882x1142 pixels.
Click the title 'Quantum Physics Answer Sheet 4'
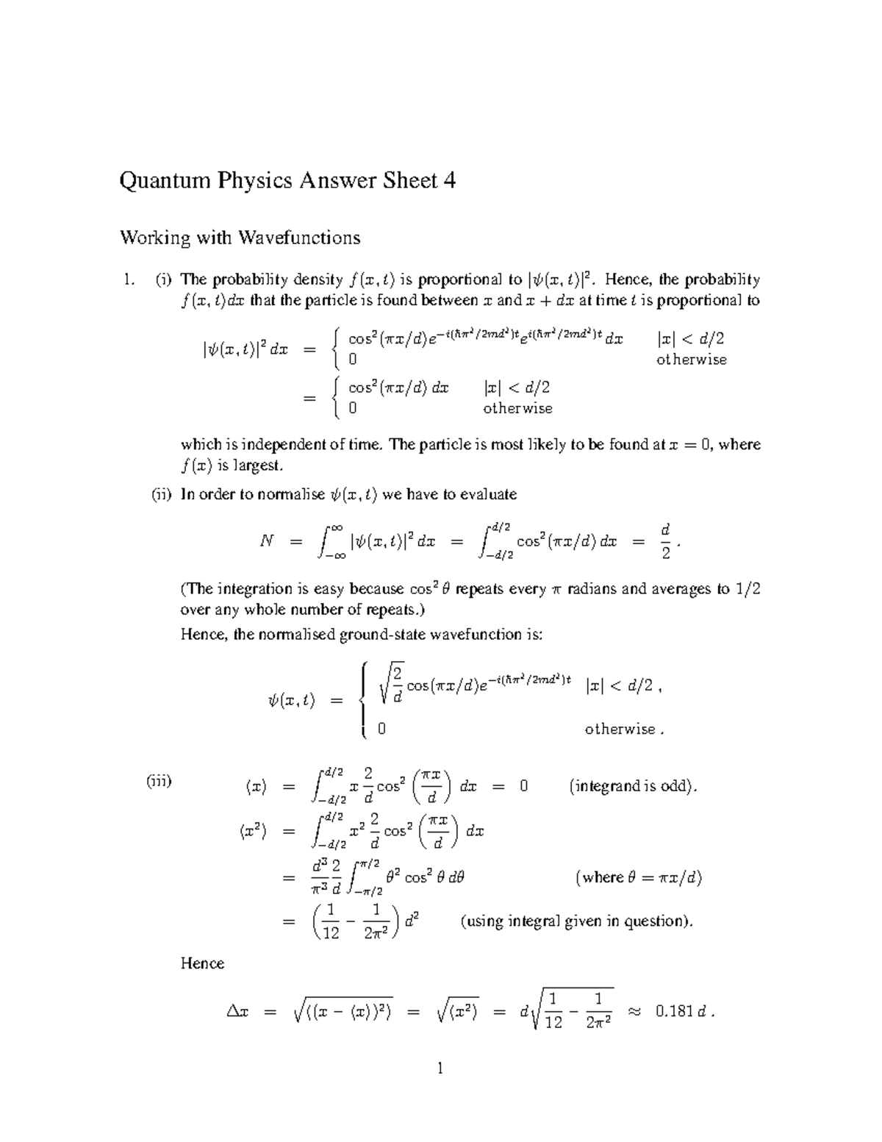click(x=287, y=181)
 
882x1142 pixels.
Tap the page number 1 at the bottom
click(x=440, y=1068)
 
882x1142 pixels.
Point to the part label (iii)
click(x=159, y=780)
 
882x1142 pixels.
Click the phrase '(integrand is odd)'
click(x=633, y=786)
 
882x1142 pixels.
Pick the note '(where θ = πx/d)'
click(x=639, y=877)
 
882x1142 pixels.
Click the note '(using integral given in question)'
click(x=576, y=921)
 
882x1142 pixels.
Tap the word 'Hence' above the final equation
click(x=202, y=963)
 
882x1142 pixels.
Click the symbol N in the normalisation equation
click(x=267, y=541)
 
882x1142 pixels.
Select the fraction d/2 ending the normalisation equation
click(x=666, y=541)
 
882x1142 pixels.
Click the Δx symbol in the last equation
click(x=237, y=1013)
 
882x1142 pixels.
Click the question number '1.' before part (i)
click(x=129, y=279)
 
